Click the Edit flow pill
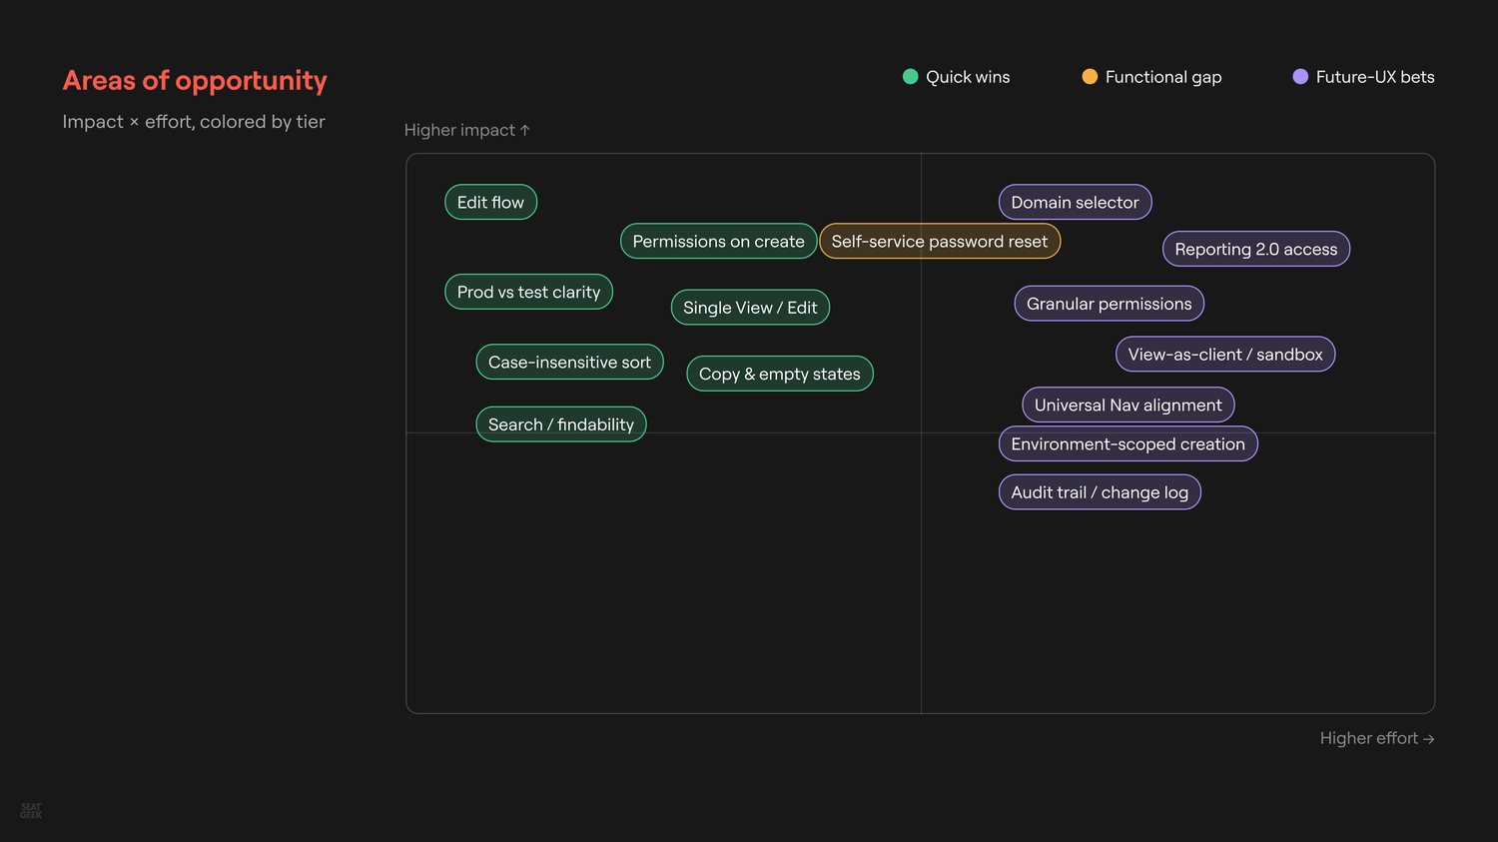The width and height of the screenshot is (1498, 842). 490,202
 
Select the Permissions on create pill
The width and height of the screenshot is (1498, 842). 718,241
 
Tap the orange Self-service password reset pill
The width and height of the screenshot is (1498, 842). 940,241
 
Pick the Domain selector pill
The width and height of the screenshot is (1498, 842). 1075,202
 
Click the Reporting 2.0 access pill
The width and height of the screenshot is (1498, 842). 1256,249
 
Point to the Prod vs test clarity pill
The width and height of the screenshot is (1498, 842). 528,292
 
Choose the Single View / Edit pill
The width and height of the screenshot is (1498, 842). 750,308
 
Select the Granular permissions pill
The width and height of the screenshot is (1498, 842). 1109,304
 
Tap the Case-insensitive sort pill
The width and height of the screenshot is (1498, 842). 569,362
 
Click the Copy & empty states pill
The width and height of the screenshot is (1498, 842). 780,374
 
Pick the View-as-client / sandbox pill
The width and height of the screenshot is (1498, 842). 1225,355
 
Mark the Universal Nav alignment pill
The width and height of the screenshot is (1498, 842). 1127,405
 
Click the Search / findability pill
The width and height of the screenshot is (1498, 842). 560,424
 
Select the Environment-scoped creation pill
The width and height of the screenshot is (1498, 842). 1127,444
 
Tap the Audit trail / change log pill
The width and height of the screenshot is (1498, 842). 1100,492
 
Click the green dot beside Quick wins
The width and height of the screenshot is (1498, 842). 910,76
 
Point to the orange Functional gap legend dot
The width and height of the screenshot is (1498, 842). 1090,76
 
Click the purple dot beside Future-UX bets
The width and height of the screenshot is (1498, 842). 1300,76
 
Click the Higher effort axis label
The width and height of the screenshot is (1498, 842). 1377,738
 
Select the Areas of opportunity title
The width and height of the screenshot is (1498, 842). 195,80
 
